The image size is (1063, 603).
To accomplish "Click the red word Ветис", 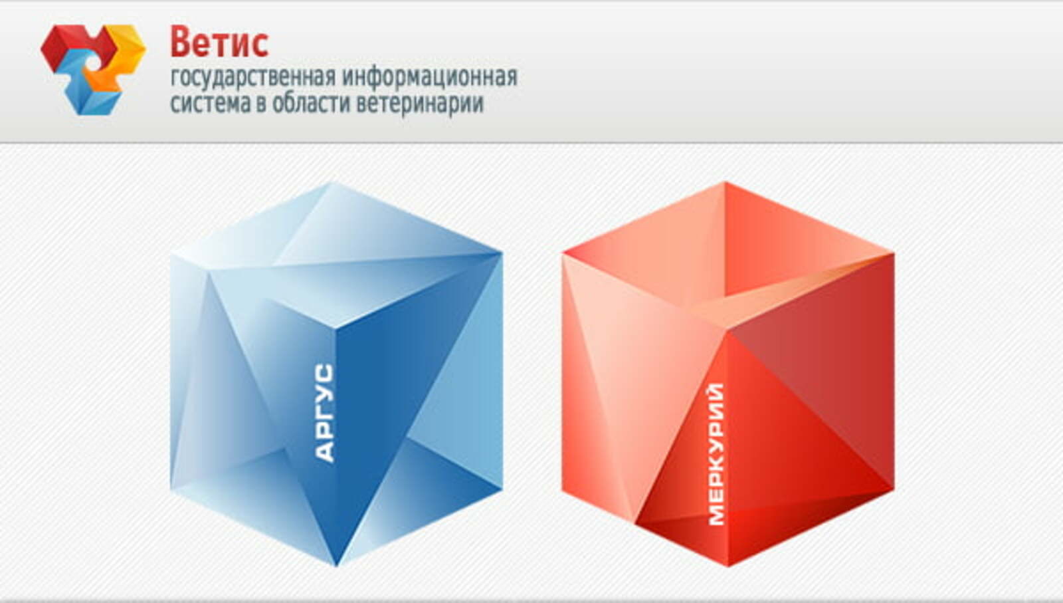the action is click(219, 43).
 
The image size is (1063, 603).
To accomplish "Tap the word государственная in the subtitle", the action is click(253, 78).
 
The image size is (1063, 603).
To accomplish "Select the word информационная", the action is click(430, 78).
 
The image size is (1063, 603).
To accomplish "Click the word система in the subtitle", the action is click(210, 104).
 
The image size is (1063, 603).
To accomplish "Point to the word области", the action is click(311, 102).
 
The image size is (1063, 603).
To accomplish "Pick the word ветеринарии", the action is click(420, 104).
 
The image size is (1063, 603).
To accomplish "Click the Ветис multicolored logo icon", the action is click(94, 69).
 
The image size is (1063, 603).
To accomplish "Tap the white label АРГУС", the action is click(325, 412).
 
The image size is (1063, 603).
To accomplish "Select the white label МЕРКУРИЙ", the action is click(717, 454).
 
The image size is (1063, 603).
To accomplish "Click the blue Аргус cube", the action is click(336, 374).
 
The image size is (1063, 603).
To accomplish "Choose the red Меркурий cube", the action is click(728, 374).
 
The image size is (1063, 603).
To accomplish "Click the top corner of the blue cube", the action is click(332, 183).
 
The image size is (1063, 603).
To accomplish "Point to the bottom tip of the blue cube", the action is click(336, 566).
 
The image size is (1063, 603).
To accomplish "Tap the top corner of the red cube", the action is click(725, 182).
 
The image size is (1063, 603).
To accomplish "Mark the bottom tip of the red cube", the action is click(728, 566).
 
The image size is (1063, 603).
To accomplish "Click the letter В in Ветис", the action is click(181, 43).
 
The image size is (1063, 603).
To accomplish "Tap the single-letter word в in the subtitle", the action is click(262, 104).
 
